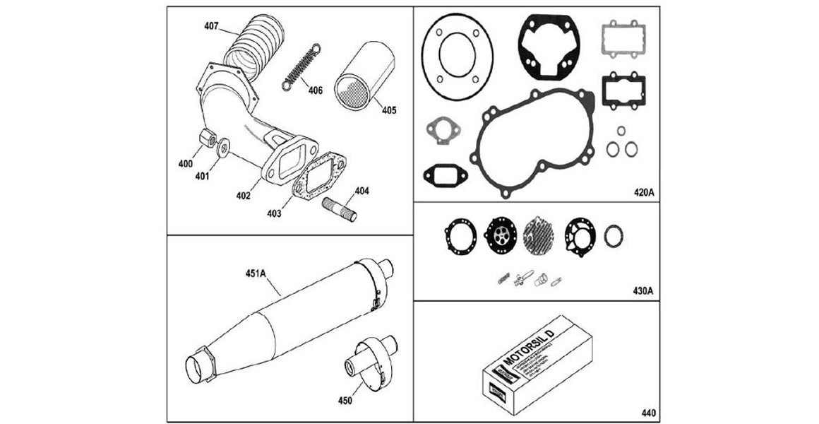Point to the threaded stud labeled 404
point(342,209)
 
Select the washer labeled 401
point(223,146)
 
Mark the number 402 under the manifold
point(243,195)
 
